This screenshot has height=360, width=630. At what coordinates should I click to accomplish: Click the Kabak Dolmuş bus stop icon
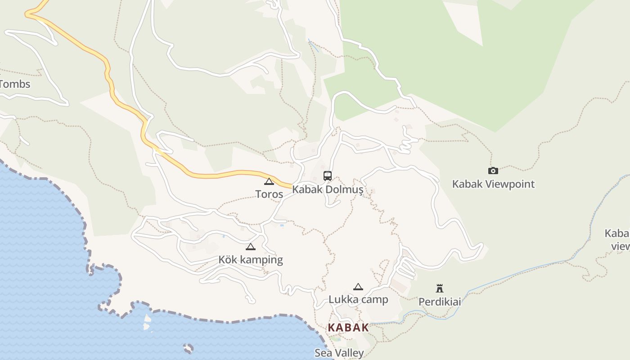[328, 176]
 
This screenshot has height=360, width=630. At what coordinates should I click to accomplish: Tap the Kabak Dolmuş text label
[328, 189]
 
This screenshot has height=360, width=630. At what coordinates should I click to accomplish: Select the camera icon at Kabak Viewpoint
[493, 171]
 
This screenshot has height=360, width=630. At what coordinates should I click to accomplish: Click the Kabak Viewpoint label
[493, 184]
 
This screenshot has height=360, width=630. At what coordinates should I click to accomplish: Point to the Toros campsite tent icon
[269, 182]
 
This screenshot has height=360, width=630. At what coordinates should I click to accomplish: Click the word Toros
[269, 194]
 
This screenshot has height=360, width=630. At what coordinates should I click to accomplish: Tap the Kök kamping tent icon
[251, 247]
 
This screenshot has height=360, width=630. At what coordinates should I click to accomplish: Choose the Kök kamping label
[251, 260]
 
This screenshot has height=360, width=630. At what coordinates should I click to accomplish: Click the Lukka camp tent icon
[358, 287]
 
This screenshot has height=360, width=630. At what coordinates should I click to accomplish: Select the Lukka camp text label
[358, 300]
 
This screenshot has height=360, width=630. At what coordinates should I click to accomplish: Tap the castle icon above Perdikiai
[440, 288]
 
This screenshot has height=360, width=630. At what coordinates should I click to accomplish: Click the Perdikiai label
[440, 301]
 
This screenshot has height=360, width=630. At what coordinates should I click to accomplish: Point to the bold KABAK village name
[348, 328]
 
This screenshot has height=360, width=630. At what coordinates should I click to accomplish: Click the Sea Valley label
[339, 353]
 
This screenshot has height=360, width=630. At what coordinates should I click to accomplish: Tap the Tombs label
[15, 84]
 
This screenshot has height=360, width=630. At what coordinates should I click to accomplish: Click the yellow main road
[211, 175]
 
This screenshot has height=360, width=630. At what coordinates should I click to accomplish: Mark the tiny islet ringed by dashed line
[188, 348]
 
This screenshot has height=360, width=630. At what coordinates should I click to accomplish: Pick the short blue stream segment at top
[313, 45]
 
